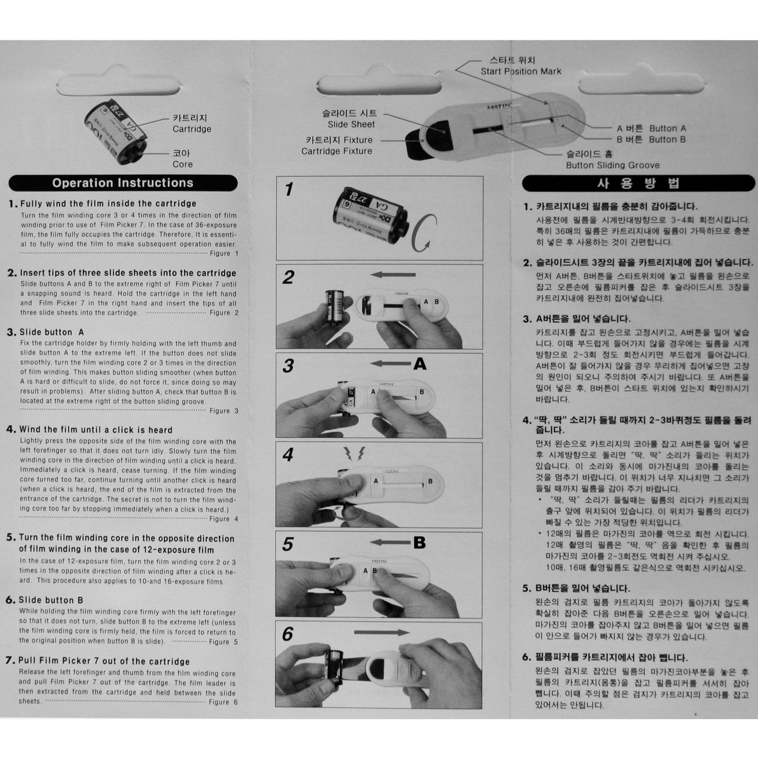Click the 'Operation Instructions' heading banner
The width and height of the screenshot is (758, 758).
123,183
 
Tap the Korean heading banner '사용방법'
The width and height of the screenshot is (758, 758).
639,183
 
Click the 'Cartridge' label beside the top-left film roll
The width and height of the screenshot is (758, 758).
192,129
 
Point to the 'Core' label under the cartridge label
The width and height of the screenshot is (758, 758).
182,164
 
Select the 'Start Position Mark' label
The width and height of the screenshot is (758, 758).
521,72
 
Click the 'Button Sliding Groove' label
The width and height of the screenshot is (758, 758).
613,165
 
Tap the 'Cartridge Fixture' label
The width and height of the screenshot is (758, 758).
337,151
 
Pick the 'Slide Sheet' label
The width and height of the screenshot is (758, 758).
351,125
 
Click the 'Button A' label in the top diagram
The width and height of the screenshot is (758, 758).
668,128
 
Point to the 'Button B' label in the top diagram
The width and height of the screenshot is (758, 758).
668,139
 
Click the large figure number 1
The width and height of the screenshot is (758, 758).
289,189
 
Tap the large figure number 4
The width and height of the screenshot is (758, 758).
288,455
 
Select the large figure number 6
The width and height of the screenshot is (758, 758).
288,634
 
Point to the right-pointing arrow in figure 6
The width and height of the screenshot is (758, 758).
382,632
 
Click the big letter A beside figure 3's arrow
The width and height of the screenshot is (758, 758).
420,364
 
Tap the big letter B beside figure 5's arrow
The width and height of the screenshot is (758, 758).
419,543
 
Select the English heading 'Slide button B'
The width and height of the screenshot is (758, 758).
51,600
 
